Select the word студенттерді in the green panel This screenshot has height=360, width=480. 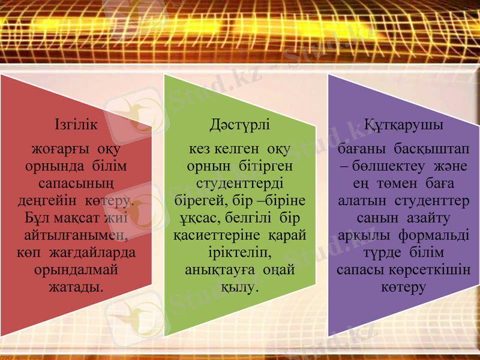tap(240, 181)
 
